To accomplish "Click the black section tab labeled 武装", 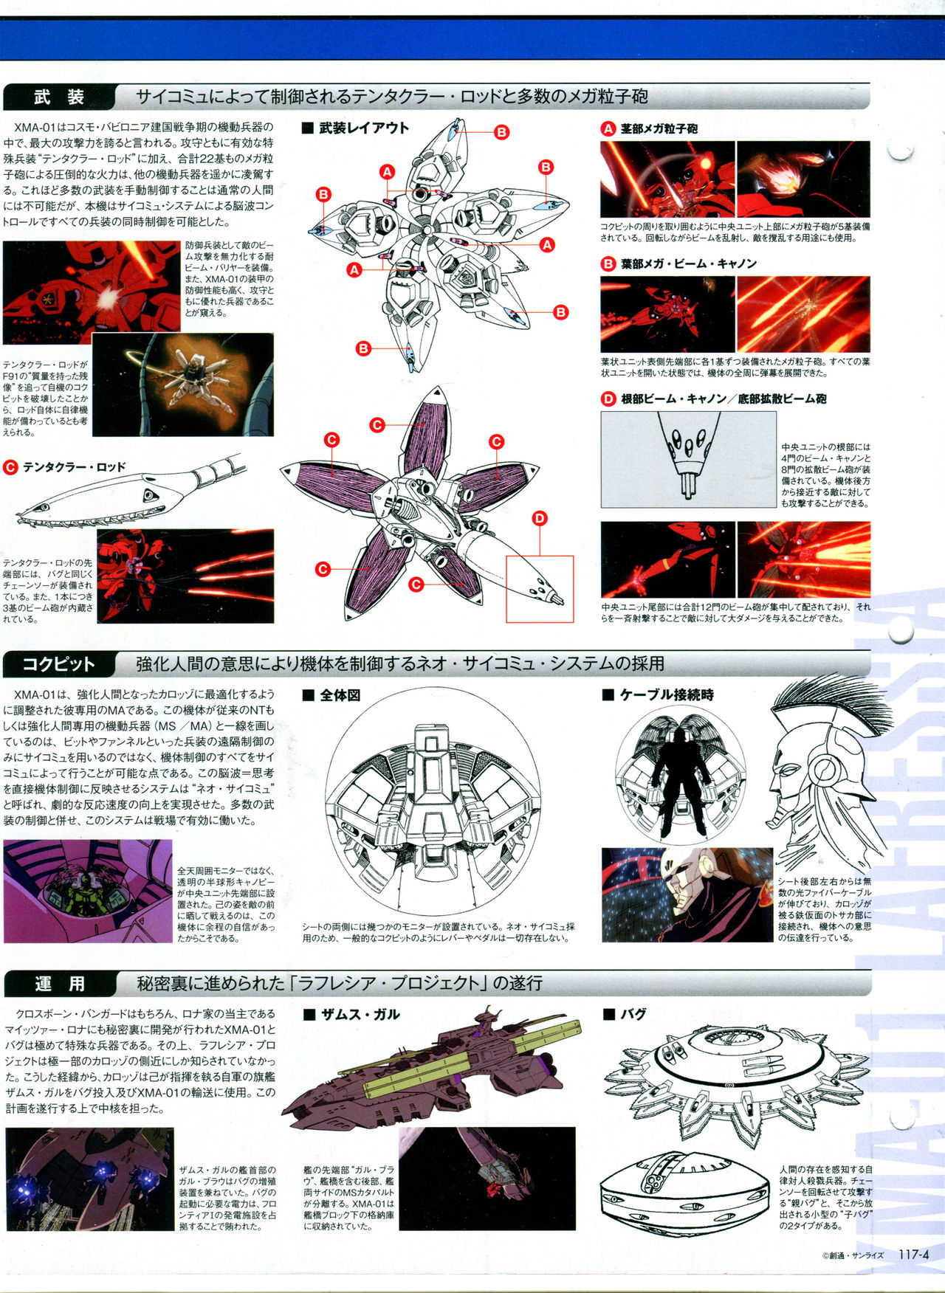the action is [x=59, y=97].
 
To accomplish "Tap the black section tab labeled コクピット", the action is [x=59, y=664].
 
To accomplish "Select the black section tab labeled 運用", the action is [x=59, y=984].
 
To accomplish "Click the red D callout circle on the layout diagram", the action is [x=540, y=519].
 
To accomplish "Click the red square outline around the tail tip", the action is [x=540, y=589].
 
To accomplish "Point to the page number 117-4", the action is [x=913, y=1254].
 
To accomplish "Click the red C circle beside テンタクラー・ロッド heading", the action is [x=10, y=467].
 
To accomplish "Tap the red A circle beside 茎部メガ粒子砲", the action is [x=608, y=128].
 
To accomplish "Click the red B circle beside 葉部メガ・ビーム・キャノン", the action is [x=608, y=263].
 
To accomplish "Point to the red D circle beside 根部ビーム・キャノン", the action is [x=608, y=399].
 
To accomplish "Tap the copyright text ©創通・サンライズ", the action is [x=852, y=1255].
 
